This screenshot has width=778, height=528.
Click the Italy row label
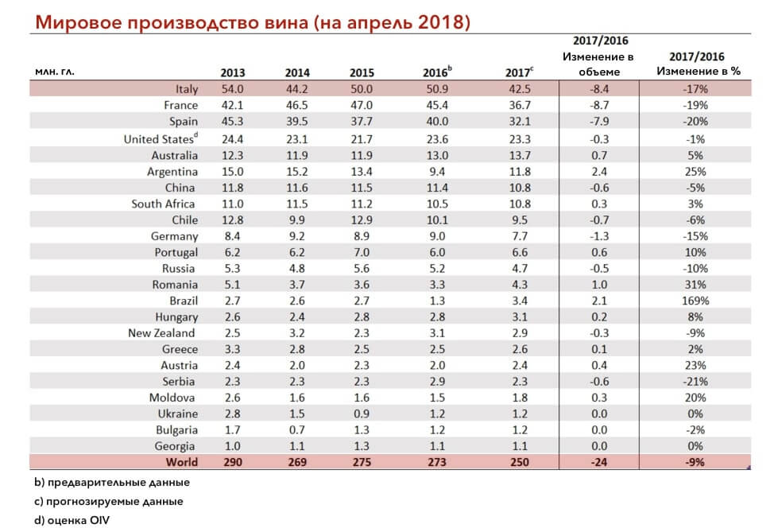pos(187,89)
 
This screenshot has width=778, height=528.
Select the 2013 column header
pos(233,72)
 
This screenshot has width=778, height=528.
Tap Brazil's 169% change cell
pos(695,301)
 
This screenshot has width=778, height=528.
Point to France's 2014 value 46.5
pos(297,105)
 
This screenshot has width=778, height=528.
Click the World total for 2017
pos(520,462)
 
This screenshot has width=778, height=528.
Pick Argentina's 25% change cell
pos(695,172)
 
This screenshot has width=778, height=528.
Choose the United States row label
pos(161,138)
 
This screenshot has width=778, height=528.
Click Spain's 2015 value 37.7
pos(362,121)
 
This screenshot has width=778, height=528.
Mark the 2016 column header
pos(437,72)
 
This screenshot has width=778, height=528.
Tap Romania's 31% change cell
pos(695,285)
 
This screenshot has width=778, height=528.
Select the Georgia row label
pos(174,446)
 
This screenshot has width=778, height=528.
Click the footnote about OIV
pos(72,520)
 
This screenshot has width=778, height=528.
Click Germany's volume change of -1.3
pos(599,236)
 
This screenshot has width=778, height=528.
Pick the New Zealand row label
pos(161,333)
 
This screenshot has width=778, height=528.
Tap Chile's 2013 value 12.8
pos(232,220)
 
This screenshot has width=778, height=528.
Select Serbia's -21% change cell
pos(695,382)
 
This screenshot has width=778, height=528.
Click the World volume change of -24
pos(599,462)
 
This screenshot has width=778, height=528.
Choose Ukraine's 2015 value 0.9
pos(362,413)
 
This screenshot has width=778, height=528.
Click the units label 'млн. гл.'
pos(55,72)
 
